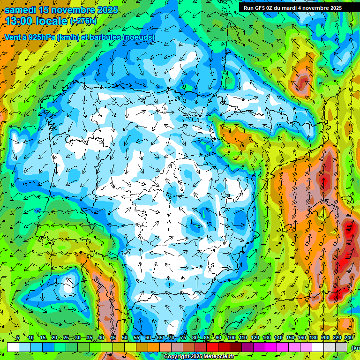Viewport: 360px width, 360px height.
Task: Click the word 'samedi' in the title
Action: click(22, 10)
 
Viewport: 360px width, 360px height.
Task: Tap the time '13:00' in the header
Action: click(19, 21)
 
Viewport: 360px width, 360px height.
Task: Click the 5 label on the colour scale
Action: click(18, 337)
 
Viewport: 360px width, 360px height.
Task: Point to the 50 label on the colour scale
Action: click(124, 337)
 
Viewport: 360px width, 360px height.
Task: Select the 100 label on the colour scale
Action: click(231, 337)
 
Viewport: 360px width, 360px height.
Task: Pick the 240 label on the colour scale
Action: click(348, 337)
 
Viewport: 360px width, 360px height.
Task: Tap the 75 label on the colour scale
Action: click(183, 337)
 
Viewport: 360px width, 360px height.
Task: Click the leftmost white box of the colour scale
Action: click(13, 347)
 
